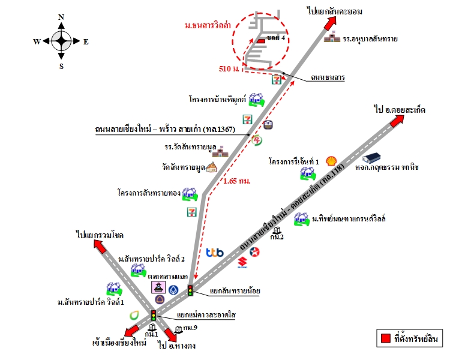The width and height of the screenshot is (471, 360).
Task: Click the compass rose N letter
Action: (x=61, y=17)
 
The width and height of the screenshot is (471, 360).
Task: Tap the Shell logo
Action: (x=331, y=161)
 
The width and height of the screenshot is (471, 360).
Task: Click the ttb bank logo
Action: (x=214, y=253)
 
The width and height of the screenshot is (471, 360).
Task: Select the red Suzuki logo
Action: (x=242, y=262)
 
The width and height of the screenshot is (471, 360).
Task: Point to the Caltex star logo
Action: (x=254, y=251)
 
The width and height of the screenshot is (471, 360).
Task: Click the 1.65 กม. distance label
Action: (x=236, y=180)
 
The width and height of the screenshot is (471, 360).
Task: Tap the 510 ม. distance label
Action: (x=229, y=70)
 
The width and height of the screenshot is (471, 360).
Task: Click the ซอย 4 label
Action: (x=275, y=37)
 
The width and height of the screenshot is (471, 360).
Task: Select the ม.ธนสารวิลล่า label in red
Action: (x=208, y=26)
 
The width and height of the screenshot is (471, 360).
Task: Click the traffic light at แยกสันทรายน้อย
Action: (x=191, y=291)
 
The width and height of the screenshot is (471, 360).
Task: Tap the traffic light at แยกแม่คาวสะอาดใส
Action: (x=153, y=315)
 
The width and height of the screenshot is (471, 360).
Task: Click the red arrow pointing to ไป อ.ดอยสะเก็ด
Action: (x=396, y=120)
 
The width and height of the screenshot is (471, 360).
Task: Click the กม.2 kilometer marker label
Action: (x=277, y=236)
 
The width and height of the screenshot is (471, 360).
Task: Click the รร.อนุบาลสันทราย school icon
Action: (x=331, y=39)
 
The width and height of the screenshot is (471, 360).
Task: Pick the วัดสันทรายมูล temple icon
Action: (x=211, y=168)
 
